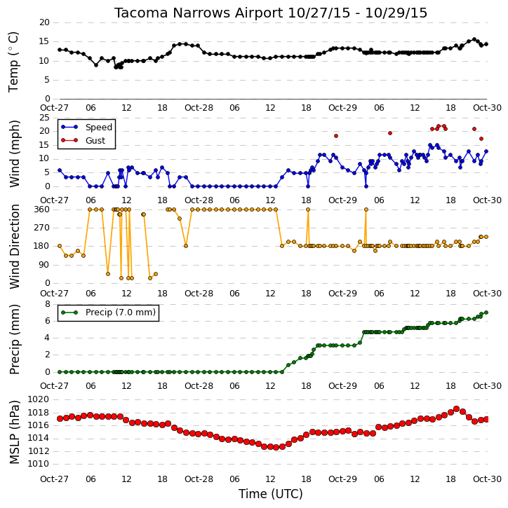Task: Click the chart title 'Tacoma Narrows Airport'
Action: pyautogui.click(x=199, y=13)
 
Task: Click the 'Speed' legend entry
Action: pyautogui.click(x=86, y=128)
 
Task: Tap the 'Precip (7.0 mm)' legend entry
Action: pyautogui.click(x=109, y=313)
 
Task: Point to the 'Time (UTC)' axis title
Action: pyautogui.click(x=271, y=494)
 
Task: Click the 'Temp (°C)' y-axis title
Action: pyautogui.click(x=13, y=62)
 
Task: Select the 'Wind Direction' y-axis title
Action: pyautogui.click(x=14, y=246)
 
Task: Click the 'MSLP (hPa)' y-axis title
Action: pyautogui.click(x=14, y=432)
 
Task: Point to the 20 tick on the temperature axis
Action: pyautogui.click(x=44, y=22)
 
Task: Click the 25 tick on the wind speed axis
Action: pyautogui.click(x=44, y=118)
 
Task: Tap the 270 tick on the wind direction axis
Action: pyautogui.click(x=42, y=228)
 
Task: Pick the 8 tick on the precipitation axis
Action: pyautogui.click(x=47, y=304)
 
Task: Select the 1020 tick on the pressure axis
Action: pyautogui.click(x=39, y=399)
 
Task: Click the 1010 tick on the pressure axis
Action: pyautogui.click(x=39, y=464)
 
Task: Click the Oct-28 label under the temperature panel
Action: pyautogui.click(x=199, y=108)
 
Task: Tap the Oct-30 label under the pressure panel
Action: pyautogui.click(x=487, y=479)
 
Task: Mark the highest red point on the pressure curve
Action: pyautogui.click(x=456, y=409)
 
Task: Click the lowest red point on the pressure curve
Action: pyautogui.click(x=276, y=448)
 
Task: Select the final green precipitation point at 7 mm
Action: pyautogui.click(x=486, y=313)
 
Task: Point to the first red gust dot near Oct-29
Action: pyautogui.click(x=336, y=136)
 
